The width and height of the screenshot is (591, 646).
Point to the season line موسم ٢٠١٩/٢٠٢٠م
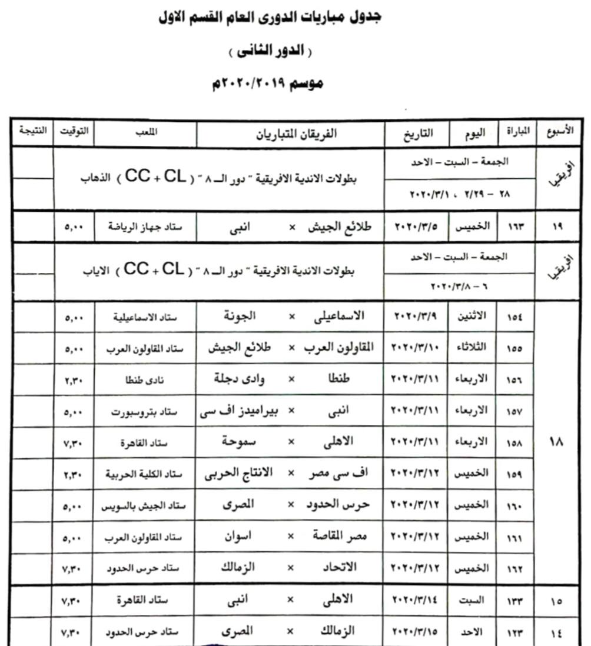point(267,83)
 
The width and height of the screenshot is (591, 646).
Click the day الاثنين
point(472,316)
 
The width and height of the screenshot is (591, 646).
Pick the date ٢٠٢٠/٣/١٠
point(416,348)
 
